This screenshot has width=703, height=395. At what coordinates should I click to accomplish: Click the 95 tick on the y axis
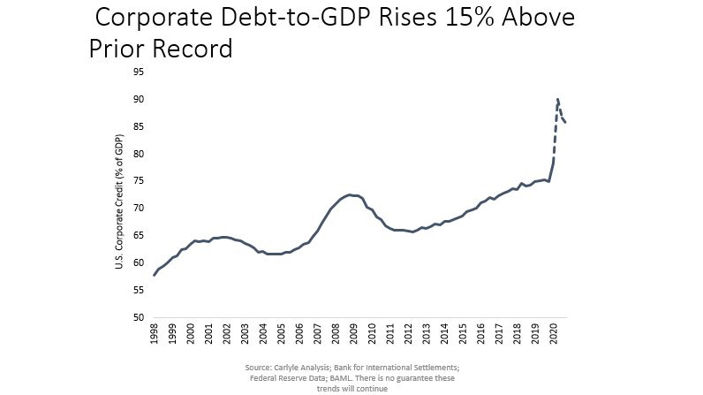(138, 72)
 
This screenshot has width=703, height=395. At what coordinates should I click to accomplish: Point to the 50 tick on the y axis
(138, 317)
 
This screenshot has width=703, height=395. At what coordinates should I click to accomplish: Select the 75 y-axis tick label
(138, 181)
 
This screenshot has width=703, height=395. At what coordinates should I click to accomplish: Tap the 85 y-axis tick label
(138, 126)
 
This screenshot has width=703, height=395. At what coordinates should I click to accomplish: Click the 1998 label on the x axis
(155, 333)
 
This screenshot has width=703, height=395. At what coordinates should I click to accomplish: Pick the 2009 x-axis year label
(354, 333)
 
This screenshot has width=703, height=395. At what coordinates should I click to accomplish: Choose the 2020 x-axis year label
(553, 333)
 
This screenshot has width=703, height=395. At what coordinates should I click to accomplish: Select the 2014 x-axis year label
(444, 333)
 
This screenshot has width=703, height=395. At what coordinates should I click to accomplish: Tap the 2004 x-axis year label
(263, 333)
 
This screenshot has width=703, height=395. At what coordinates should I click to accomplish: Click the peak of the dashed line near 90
(557, 99)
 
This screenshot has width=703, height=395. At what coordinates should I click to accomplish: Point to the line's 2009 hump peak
(350, 194)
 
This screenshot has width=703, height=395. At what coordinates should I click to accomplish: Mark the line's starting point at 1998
(155, 275)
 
